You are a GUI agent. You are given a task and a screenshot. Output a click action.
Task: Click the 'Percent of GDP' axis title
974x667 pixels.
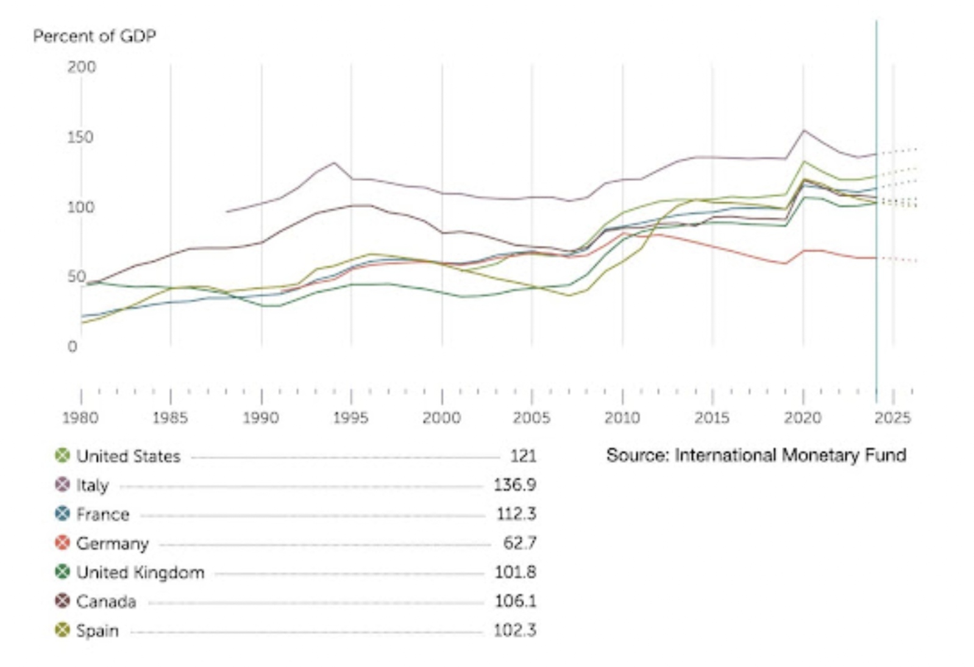pyautogui.click(x=94, y=36)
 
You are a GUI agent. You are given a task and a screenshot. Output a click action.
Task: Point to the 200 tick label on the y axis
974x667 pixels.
pyautogui.click(x=81, y=67)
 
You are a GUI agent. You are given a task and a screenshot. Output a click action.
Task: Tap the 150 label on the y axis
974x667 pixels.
pyautogui.click(x=80, y=137)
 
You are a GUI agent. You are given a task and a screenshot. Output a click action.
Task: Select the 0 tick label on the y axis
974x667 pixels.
pyautogui.click(x=73, y=346)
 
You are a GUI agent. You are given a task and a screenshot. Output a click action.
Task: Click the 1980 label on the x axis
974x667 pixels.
pyautogui.click(x=80, y=418)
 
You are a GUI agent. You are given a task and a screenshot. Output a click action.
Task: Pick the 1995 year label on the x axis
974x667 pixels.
pyautogui.click(x=350, y=418)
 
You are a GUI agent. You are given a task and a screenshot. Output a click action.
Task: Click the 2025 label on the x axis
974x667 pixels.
pyautogui.click(x=892, y=418)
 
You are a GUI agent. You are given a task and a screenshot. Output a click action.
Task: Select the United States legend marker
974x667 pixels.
pyautogui.click(x=63, y=455)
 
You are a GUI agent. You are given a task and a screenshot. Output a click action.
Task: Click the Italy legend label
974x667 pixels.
pyautogui.click(x=93, y=485)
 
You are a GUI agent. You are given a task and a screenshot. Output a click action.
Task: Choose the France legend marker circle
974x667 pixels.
pyautogui.click(x=63, y=514)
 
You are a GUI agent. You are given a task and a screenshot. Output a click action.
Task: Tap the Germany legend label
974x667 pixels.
pyautogui.click(x=113, y=544)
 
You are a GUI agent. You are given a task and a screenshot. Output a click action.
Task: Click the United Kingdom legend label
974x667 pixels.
pyautogui.click(x=140, y=572)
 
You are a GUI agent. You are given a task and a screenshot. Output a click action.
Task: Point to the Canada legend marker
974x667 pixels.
pyautogui.click(x=63, y=601)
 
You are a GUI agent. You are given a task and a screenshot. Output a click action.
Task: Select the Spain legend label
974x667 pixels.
pyautogui.click(x=98, y=631)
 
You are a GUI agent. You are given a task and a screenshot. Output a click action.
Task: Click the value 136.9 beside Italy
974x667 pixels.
pyautogui.click(x=515, y=485)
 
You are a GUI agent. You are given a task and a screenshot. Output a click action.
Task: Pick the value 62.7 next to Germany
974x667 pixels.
pyautogui.click(x=520, y=543)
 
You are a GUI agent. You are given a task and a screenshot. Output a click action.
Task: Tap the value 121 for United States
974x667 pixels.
pyautogui.click(x=524, y=456)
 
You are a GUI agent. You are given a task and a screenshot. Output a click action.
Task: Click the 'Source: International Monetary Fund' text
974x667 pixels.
pyautogui.click(x=756, y=455)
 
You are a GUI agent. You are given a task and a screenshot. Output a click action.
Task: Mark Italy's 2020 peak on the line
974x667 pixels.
pyautogui.click(x=803, y=130)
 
